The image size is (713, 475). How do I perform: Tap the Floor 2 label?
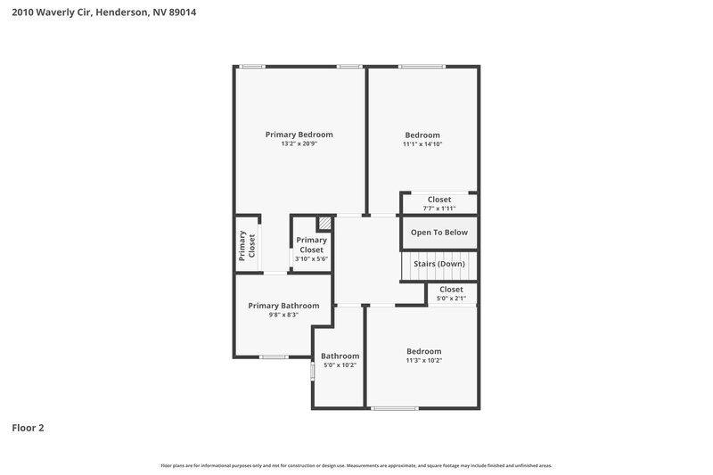tap(28, 428)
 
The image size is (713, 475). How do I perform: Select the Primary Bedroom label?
tap(299, 135)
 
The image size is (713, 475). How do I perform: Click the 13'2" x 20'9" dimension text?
tap(299, 144)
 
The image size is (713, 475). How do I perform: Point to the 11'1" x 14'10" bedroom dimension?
tap(422, 144)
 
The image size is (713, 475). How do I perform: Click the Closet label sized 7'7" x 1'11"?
tap(438, 200)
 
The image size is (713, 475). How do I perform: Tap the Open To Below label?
tap(438, 233)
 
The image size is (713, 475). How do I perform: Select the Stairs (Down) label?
tap(438, 265)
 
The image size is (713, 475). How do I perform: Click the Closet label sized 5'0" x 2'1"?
tap(451, 290)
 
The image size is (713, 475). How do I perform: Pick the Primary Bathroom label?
tap(283, 306)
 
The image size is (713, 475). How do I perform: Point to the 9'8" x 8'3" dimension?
tap(283, 315)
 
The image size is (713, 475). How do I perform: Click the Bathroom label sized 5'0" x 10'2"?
tap(340, 356)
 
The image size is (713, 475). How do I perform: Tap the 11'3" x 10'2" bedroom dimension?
tap(424, 361)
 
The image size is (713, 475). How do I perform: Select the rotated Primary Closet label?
tap(247, 246)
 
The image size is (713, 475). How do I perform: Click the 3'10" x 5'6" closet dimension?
tap(312, 259)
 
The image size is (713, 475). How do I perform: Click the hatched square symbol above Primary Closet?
tap(325, 223)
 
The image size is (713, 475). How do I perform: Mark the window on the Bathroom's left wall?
tap(312, 371)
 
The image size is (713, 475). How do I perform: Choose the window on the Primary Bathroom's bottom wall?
tap(274, 357)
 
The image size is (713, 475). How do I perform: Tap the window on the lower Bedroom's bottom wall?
tap(395, 408)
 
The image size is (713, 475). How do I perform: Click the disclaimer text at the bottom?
tap(356, 466)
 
